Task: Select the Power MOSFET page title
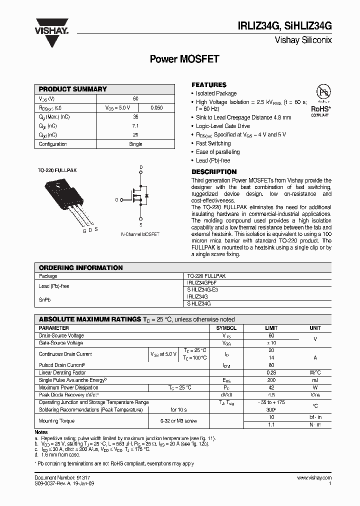(184, 59)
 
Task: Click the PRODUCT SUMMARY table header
(73, 89)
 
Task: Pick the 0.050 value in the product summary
(156, 107)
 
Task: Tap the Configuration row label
(53, 144)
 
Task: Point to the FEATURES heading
(209, 85)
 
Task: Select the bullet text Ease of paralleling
(217, 152)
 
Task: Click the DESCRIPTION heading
(214, 171)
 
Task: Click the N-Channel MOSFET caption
(140, 234)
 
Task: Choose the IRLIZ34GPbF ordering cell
(202, 283)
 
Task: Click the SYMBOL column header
(226, 328)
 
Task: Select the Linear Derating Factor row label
(62, 372)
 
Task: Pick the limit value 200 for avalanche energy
(271, 380)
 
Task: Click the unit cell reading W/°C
(315, 372)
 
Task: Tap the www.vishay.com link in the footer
(314, 478)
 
